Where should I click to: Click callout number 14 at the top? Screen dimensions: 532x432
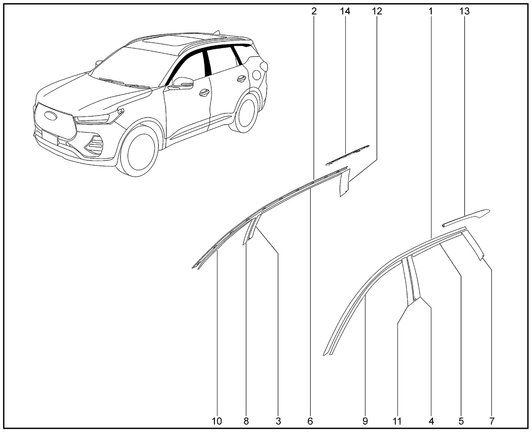click(x=345, y=11)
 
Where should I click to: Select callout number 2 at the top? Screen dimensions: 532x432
click(x=314, y=11)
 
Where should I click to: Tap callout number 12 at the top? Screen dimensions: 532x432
click(x=377, y=11)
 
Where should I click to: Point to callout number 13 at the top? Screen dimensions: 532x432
click(x=464, y=11)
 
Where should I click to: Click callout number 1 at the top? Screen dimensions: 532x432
click(x=431, y=11)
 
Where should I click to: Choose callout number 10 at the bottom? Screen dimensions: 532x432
click(x=217, y=421)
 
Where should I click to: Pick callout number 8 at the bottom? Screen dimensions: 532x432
click(x=246, y=421)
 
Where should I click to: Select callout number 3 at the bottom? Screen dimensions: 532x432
click(x=278, y=421)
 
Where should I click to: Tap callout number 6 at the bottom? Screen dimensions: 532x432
click(x=310, y=421)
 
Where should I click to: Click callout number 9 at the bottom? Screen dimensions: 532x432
click(x=365, y=421)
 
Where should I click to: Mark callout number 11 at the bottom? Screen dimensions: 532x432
click(x=397, y=421)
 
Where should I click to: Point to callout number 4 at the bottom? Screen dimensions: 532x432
click(x=431, y=421)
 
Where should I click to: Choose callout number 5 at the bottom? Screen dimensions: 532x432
click(x=461, y=421)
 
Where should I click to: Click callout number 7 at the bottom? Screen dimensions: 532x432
click(x=492, y=421)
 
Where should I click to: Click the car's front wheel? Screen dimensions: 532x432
click(x=139, y=153)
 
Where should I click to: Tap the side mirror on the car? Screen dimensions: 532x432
click(x=181, y=83)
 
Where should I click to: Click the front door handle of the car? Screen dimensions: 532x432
click(x=204, y=92)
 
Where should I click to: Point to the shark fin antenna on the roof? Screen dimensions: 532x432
click(x=217, y=33)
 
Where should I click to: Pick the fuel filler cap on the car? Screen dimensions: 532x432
click(x=256, y=75)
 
